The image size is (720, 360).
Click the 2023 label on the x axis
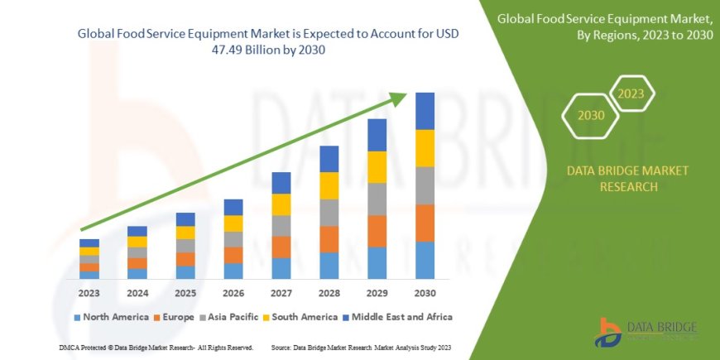89,292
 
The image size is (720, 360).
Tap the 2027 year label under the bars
281,292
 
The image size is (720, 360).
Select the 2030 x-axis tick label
425,292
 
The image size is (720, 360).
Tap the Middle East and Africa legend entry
396,317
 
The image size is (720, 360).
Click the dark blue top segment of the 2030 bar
425,111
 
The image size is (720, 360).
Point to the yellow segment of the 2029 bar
377,167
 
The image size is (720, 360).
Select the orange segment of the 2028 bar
329,239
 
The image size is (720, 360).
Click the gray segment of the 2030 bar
425,185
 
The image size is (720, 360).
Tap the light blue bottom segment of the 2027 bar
281,268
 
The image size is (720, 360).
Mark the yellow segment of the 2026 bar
233,223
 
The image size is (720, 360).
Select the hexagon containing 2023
631,94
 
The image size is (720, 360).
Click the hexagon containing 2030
592,117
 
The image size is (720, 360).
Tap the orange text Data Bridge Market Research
626,178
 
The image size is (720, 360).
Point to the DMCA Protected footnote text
156,348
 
